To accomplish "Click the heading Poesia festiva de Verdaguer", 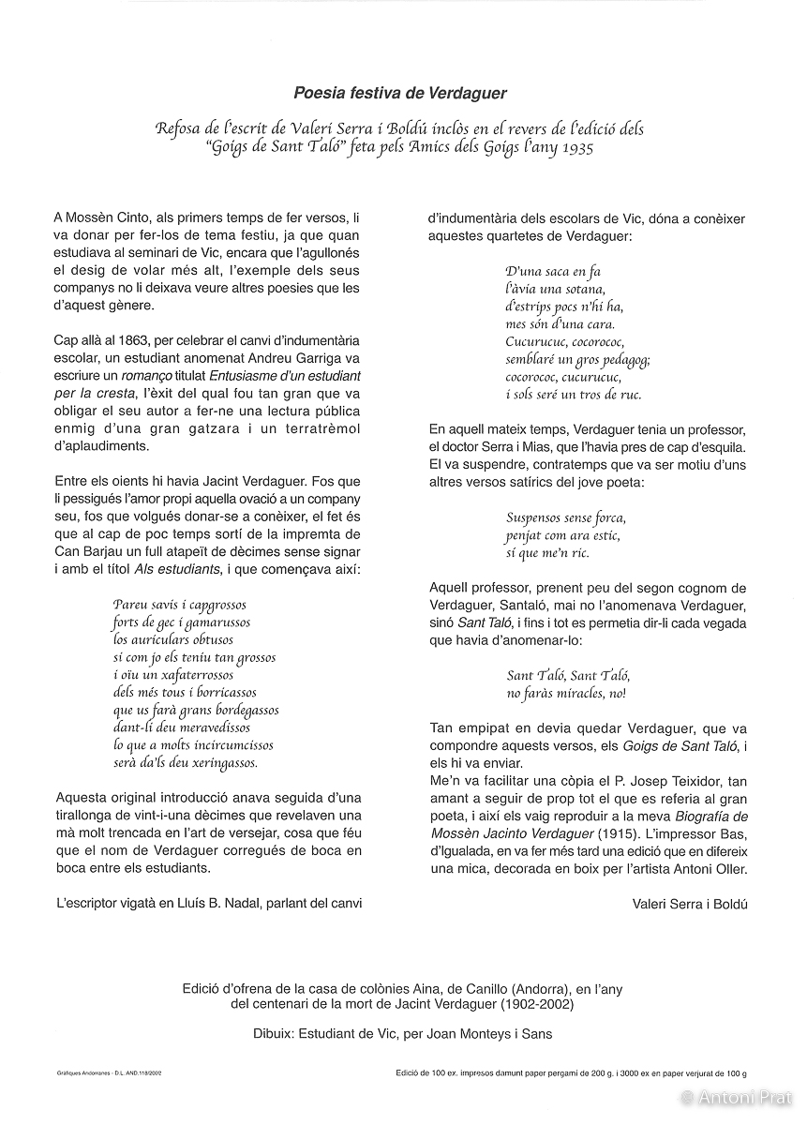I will point(400,93).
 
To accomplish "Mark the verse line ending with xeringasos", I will point(185,763).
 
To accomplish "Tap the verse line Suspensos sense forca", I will point(565,517).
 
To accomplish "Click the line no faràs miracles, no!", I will point(565,694).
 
